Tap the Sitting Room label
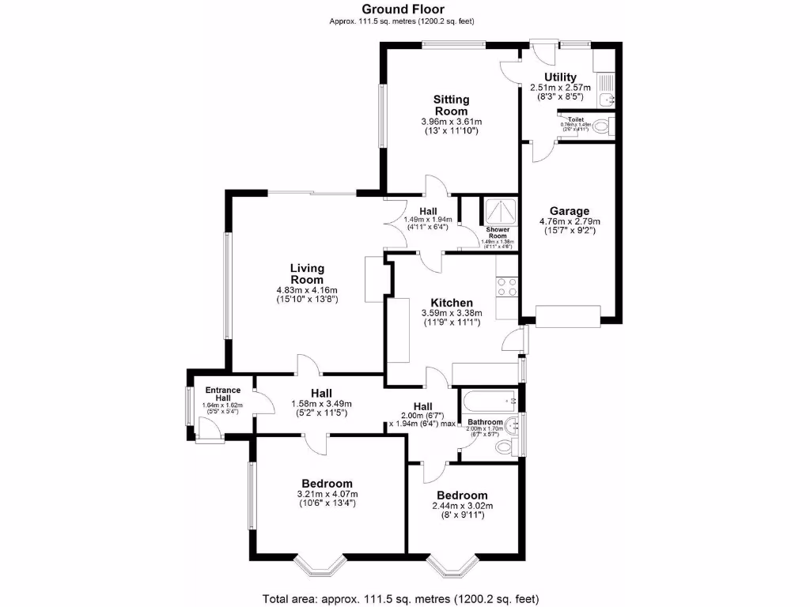pyautogui.click(x=451, y=105)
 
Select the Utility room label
pyautogui.click(x=560, y=77)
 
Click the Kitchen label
pyautogui.click(x=452, y=303)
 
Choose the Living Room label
pyautogui.click(x=307, y=273)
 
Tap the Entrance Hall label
pyautogui.click(x=224, y=394)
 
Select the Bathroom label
pyautogui.click(x=485, y=422)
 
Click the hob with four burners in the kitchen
pyautogui.click(x=506, y=286)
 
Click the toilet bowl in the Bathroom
pyautogui.click(x=503, y=448)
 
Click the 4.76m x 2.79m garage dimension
pyautogui.click(x=570, y=226)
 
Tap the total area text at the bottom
pyautogui.click(x=401, y=598)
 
